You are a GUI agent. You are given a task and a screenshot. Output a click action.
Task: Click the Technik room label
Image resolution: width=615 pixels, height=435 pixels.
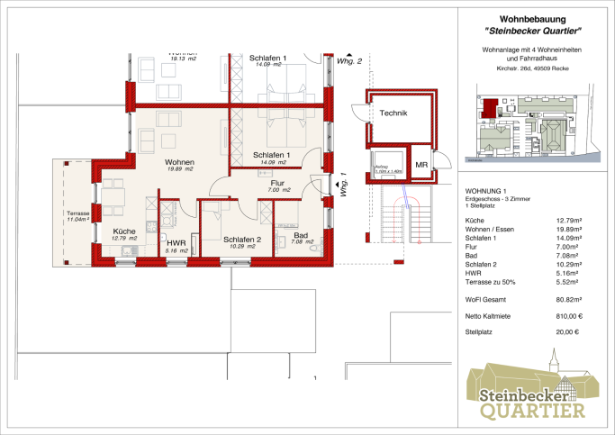coord(393,113)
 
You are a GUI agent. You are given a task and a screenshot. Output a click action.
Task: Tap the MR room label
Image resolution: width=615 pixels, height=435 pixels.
coord(421,165)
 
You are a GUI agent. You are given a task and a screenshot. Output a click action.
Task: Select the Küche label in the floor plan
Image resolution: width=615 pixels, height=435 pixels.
coord(124,231)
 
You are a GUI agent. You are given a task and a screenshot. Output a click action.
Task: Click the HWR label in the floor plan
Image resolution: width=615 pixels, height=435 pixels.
coord(176,242)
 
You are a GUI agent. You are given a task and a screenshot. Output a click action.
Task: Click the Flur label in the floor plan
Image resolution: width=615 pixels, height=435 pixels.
coord(279,183)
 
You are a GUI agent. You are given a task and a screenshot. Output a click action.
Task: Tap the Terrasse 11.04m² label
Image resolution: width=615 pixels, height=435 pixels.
coord(77,216)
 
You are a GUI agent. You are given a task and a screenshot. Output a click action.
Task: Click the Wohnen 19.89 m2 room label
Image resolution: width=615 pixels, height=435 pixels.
coord(180,163)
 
